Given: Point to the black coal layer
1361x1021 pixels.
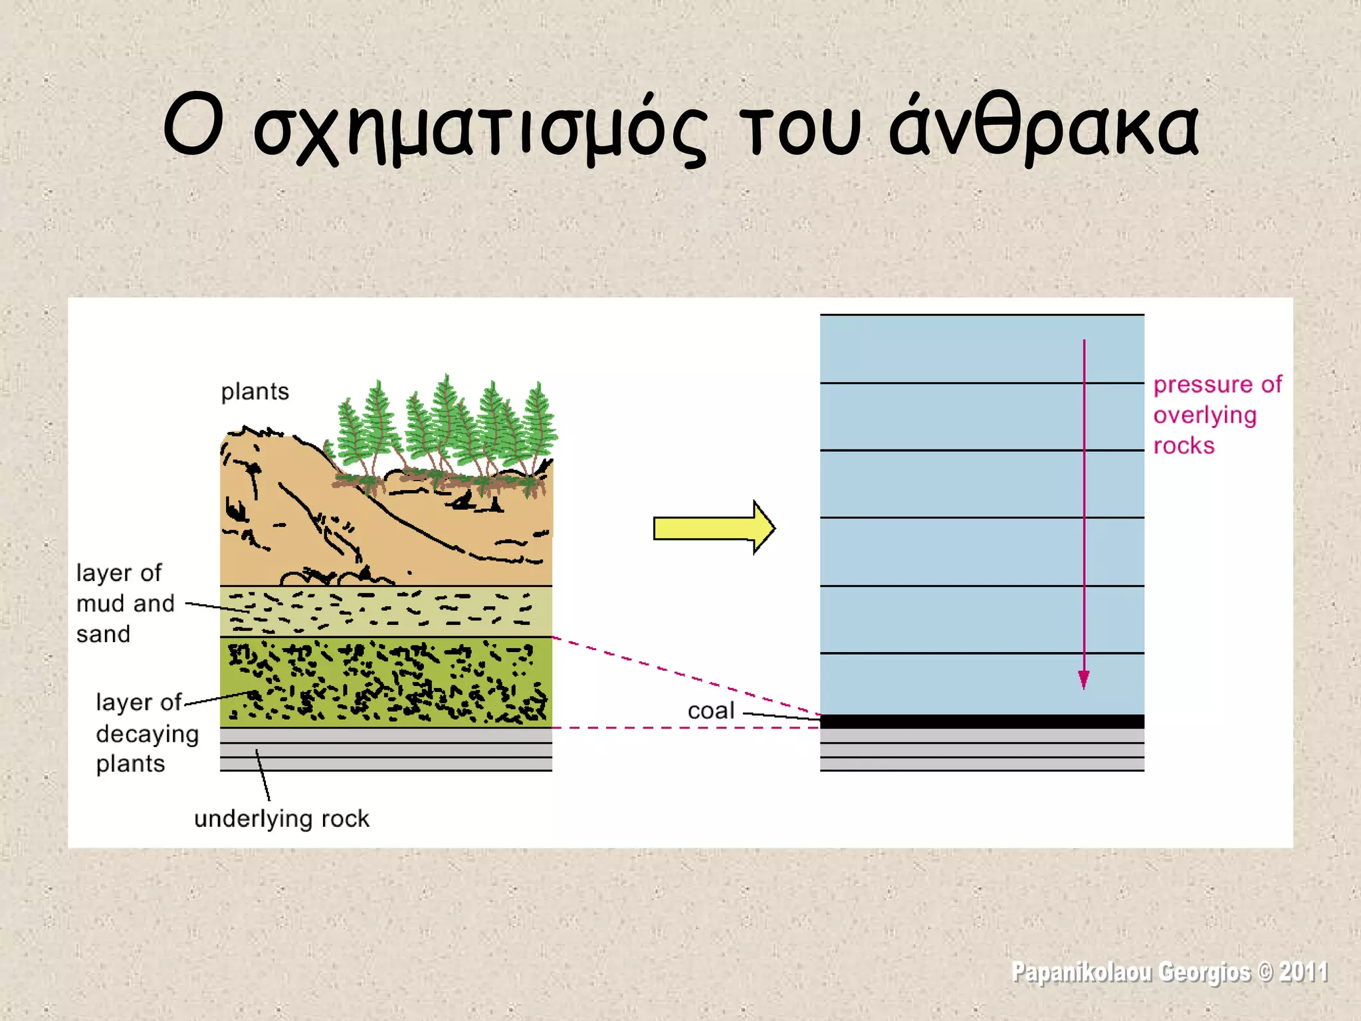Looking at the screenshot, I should coord(982,721).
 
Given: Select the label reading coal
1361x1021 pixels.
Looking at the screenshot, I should coord(710,711).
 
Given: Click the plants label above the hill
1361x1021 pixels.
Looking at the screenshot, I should coord(255,392).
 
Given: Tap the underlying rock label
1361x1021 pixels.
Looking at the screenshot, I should coord(281,818).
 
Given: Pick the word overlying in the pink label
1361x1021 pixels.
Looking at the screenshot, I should coord(1205,415).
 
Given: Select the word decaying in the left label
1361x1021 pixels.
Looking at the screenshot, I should coord(148,734).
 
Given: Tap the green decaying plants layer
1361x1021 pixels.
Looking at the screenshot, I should coord(385,682).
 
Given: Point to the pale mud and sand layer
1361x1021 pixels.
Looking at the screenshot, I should coord(385,611).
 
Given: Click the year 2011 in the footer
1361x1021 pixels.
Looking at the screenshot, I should coord(1303,972).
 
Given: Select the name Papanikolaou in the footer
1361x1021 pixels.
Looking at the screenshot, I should coord(1081,972).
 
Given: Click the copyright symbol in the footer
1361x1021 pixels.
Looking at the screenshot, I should coord(1265,972).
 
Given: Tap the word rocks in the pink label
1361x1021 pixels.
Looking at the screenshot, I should coord(1184,445).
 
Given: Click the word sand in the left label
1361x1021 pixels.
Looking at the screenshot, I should coord(103,634).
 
